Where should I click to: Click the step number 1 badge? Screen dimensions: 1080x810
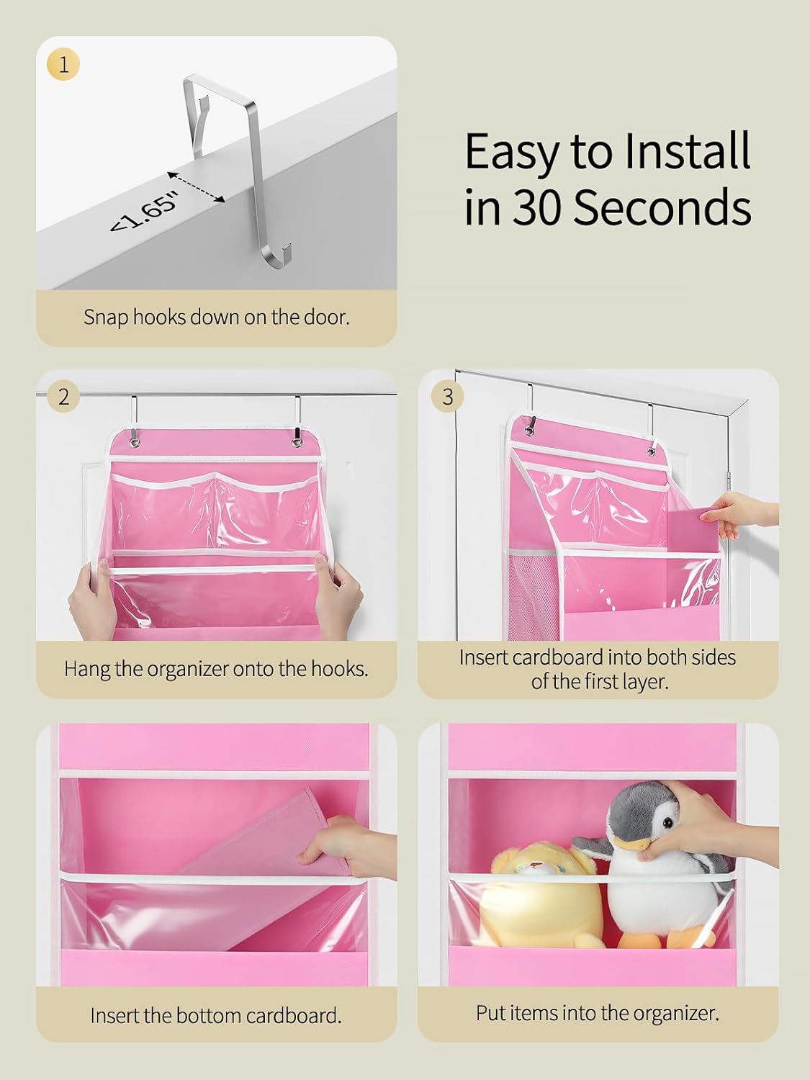pyautogui.click(x=63, y=65)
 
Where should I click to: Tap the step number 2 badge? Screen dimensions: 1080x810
pyautogui.click(x=63, y=397)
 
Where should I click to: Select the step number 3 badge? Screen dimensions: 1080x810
pyautogui.click(x=447, y=397)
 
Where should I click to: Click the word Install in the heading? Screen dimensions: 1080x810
pyautogui.click(x=687, y=151)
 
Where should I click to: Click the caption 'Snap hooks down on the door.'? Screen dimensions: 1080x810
pyautogui.click(x=216, y=317)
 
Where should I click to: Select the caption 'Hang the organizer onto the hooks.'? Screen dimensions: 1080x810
pyautogui.click(x=216, y=669)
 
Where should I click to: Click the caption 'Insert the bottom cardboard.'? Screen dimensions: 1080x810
pyautogui.click(x=216, y=1015)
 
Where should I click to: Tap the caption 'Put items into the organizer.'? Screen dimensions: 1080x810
pyautogui.click(x=598, y=1013)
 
